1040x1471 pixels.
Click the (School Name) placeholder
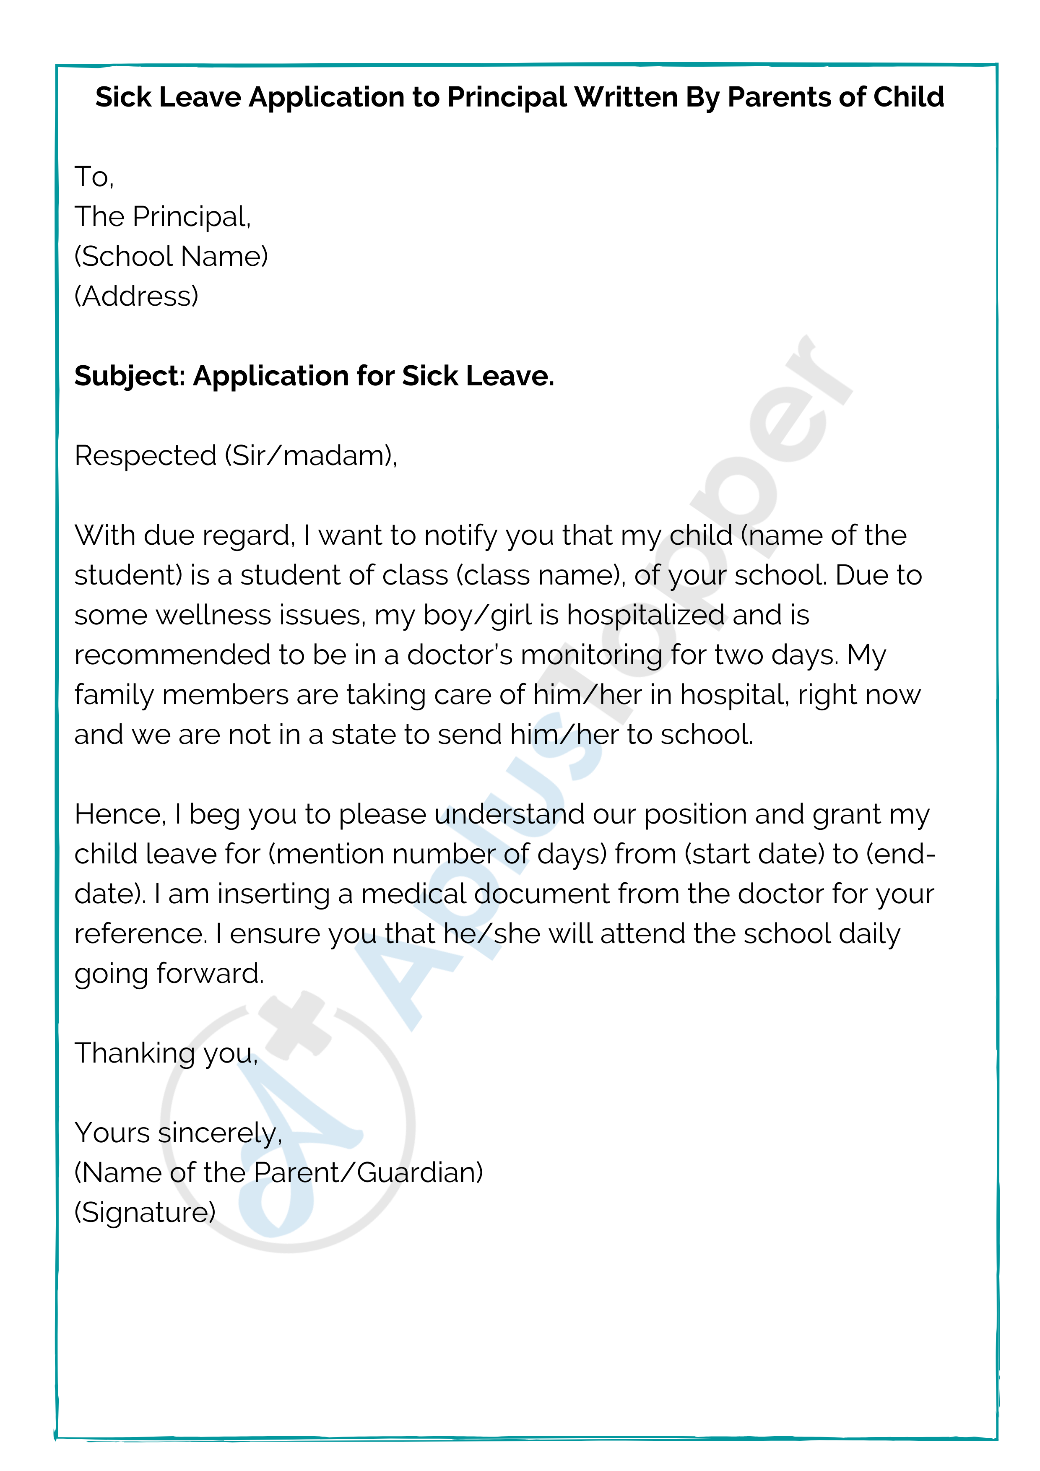pos(171,256)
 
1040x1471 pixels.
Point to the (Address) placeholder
pos(136,296)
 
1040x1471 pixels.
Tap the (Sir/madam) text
pos(311,455)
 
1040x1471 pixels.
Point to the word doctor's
pos(460,655)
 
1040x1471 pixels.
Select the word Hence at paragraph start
pos(119,814)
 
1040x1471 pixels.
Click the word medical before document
pos(413,894)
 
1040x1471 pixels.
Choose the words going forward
pos(169,974)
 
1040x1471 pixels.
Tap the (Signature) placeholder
pos(145,1212)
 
